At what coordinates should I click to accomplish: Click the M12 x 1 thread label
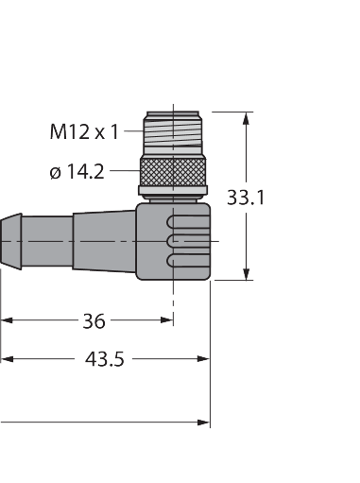[x=84, y=131]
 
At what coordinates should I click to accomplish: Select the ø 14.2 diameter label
[x=77, y=172]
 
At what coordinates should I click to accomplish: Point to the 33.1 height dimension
[x=246, y=198]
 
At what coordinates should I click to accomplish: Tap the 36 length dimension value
[x=94, y=321]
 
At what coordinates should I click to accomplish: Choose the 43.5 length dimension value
[x=105, y=359]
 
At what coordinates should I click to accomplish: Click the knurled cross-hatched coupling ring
[x=173, y=172]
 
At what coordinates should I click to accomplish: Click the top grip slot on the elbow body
[x=188, y=222]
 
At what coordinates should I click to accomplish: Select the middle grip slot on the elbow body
[x=188, y=241]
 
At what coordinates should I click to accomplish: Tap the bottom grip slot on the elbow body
[x=188, y=261]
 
